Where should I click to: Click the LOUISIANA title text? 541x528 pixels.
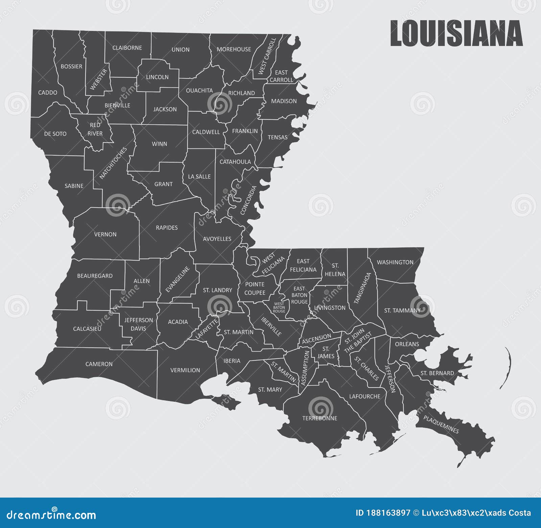pyautogui.click(x=456, y=33)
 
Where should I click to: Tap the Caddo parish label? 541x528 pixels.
pyautogui.click(x=48, y=93)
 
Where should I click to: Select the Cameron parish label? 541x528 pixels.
pyautogui.click(x=99, y=364)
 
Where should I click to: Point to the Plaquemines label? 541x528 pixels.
pyautogui.click(x=441, y=425)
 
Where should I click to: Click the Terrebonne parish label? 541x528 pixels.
pyautogui.click(x=320, y=418)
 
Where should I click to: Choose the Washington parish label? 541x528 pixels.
pyautogui.click(x=395, y=262)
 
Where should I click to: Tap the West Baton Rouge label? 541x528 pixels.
pyautogui.click(x=279, y=308)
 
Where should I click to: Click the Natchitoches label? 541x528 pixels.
pyautogui.click(x=113, y=163)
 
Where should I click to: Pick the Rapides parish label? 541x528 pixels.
pyautogui.click(x=167, y=228)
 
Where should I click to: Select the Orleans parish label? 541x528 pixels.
pyautogui.click(x=407, y=344)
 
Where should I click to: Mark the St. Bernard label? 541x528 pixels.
pyautogui.click(x=437, y=373)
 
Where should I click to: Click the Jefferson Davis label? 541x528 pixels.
pyautogui.click(x=138, y=324)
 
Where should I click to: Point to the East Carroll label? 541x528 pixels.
pyautogui.click(x=281, y=76)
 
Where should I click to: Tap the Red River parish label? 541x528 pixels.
pyautogui.click(x=95, y=129)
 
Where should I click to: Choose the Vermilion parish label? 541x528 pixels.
pyautogui.click(x=185, y=370)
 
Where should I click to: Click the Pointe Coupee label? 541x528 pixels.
pyautogui.click(x=255, y=288)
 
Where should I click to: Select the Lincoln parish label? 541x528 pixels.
pyautogui.click(x=157, y=77)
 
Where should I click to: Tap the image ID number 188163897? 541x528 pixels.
pyautogui.click(x=388, y=513)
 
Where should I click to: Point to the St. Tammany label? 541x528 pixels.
pyautogui.click(x=402, y=310)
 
